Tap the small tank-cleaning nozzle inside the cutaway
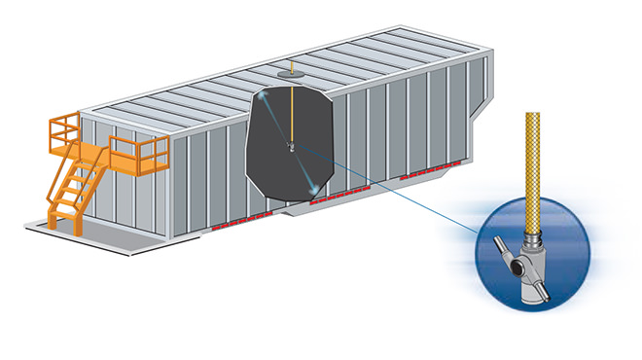[290, 147]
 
